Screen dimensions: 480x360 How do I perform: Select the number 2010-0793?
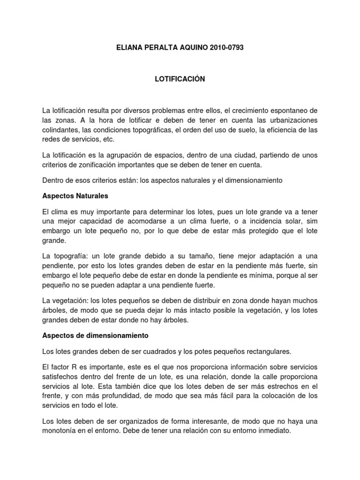click(x=227, y=48)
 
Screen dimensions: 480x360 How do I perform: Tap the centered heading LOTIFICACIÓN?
click(x=180, y=79)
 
